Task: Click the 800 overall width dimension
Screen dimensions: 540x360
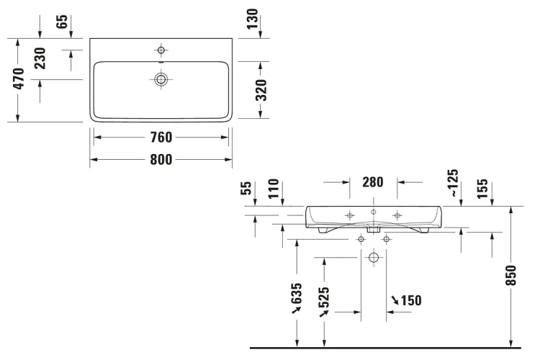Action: [x=161, y=160]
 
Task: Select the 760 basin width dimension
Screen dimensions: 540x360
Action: [x=161, y=138]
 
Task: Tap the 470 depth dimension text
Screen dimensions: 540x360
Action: [x=19, y=79]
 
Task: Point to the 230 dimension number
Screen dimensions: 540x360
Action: [x=40, y=58]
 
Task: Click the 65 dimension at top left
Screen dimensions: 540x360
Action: [x=62, y=22]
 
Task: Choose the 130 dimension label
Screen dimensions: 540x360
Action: [x=252, y=19]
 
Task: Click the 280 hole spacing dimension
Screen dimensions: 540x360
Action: [x=373, y=182]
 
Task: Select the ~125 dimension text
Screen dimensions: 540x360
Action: [x=454, y=183]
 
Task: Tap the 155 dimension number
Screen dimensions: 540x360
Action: [x=482, y=189]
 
